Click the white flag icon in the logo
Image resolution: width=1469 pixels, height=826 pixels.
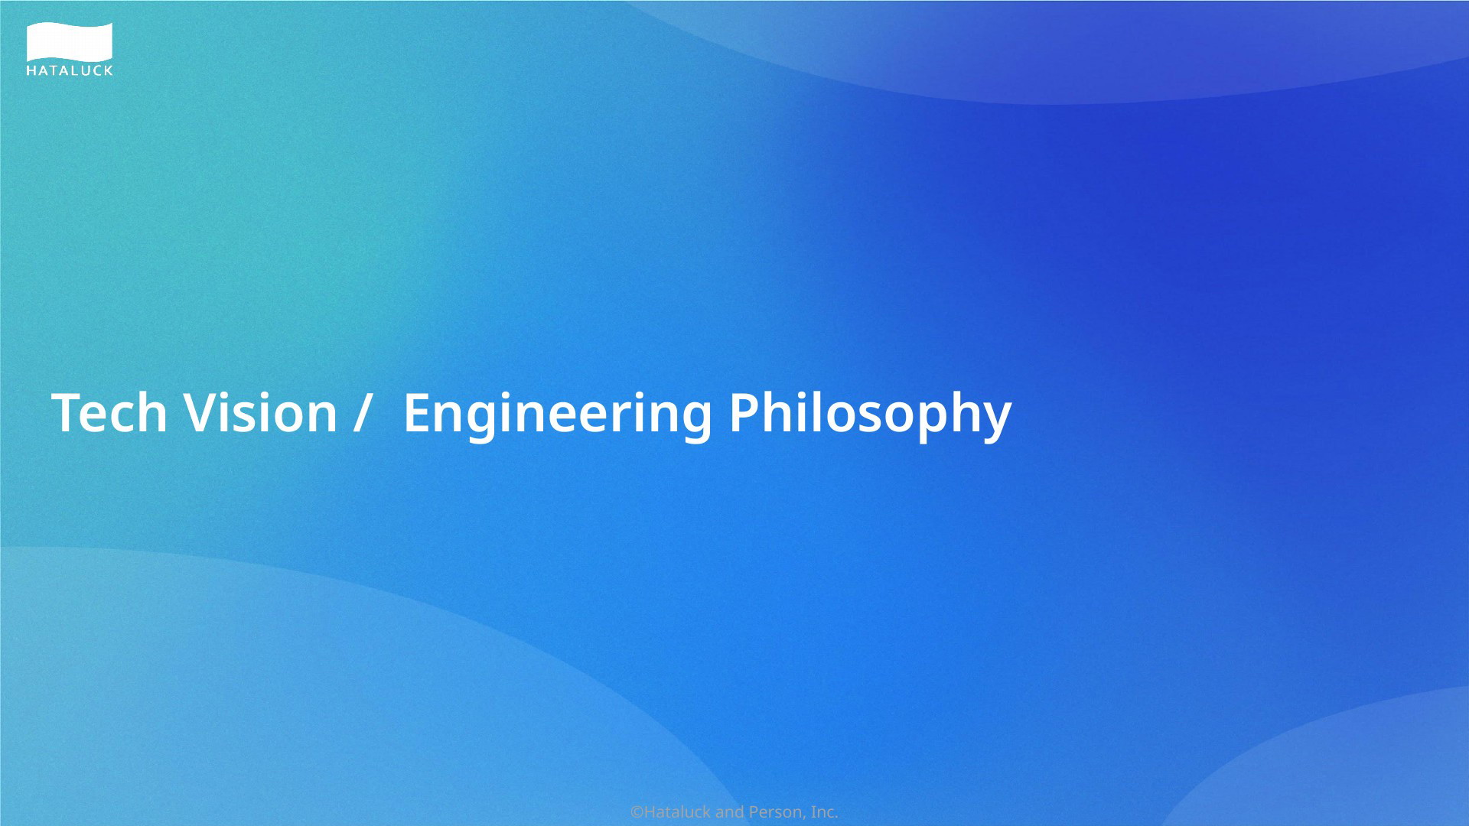(x=70, y=42)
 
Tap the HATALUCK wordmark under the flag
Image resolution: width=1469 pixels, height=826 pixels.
(x=70, y=70)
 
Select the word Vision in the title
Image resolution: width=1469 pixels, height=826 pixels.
(x=261, y=413)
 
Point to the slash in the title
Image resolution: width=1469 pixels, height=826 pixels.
(x=362, y=414)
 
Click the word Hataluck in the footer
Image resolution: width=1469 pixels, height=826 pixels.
(x=677, y=812)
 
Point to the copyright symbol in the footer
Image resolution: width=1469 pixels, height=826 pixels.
(x=637, y=812)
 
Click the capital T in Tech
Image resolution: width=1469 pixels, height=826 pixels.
(x=67, y=413)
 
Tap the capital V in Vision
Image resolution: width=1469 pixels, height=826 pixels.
(x=201, y=413)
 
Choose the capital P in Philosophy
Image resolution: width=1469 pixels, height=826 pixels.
(x=744, y=413)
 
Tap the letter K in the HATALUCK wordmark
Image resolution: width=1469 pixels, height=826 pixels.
(x=108, y=70)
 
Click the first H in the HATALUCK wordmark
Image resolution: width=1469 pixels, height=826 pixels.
(x=31, y=70)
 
